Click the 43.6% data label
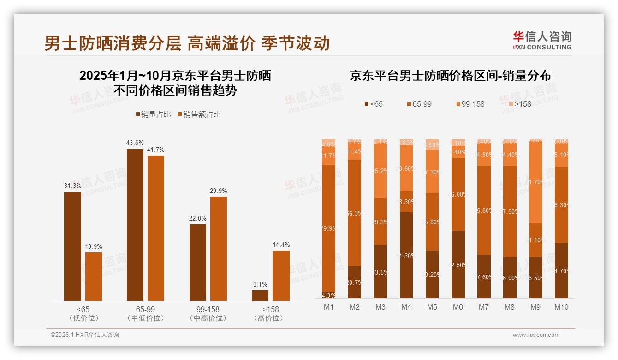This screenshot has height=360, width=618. click(135, 143)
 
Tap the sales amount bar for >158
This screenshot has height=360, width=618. click(281, 276)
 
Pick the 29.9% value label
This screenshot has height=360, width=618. click(219, 191)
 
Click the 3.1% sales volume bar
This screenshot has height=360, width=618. click(260, 295)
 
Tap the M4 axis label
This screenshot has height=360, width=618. click(406, 307)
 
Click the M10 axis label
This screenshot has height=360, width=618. click(561, 307)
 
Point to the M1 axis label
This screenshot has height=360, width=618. click(328, 307)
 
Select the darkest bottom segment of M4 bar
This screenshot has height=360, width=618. click(406, 255)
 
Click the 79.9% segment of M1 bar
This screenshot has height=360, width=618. click(328, 228)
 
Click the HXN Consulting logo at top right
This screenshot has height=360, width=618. click(542, 41)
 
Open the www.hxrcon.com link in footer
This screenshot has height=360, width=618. click(536, 335)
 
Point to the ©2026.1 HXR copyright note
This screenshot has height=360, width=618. click(84, 335)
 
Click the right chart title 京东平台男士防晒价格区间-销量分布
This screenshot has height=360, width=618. click(450, 76)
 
